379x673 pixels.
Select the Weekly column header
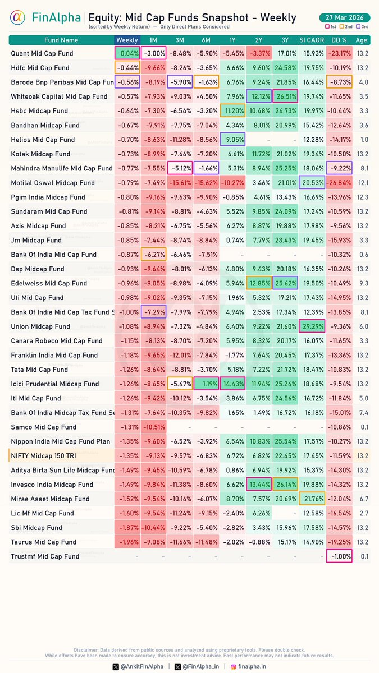127,40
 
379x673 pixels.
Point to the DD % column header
339,40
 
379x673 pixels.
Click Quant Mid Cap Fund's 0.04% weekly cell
127,53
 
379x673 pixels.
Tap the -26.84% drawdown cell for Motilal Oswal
339,183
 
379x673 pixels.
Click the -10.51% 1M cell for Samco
153,427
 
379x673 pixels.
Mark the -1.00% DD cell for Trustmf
339,556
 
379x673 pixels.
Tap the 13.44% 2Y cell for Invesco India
259,485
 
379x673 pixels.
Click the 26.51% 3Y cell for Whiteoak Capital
285,96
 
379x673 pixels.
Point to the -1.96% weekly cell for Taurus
127,542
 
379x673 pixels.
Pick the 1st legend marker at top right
330,26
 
